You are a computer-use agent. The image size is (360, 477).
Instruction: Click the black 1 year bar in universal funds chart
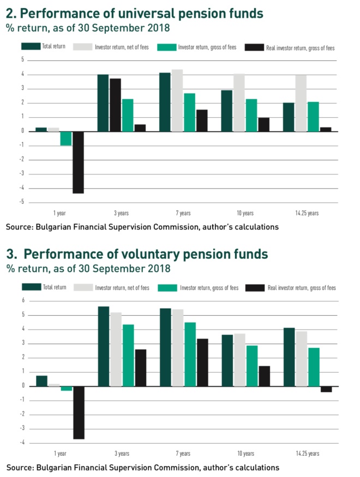(x=78, y=162)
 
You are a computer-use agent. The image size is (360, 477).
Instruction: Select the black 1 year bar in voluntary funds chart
(x=79, y=412)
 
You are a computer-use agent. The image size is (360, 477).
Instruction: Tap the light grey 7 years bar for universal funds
(x=177, y=100)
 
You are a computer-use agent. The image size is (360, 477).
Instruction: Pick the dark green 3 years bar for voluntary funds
(x=104, y=346)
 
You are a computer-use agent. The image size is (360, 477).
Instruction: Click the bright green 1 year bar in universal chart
(x=66, y=138)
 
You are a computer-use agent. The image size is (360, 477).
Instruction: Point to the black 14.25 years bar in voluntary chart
(x=326, y=389)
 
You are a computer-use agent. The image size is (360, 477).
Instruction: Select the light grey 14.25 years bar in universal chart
(x=301, y=103)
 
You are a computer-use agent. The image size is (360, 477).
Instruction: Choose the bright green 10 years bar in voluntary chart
(x=251, y=366)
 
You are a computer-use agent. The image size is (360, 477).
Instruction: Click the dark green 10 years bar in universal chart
(x=226, y=111)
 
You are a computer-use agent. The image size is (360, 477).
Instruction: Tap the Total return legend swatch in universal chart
(x=31, y=46)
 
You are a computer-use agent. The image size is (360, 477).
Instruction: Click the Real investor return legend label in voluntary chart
(x=301, y=288)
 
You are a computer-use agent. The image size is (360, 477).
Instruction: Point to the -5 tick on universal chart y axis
(x=22, y=202)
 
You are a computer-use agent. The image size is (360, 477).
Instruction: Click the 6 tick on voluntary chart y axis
(x=23, y=300)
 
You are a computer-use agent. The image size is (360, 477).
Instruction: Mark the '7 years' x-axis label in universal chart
(x=183, y=213)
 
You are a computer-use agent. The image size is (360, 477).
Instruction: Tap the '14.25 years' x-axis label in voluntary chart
(x=308, y=454)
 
